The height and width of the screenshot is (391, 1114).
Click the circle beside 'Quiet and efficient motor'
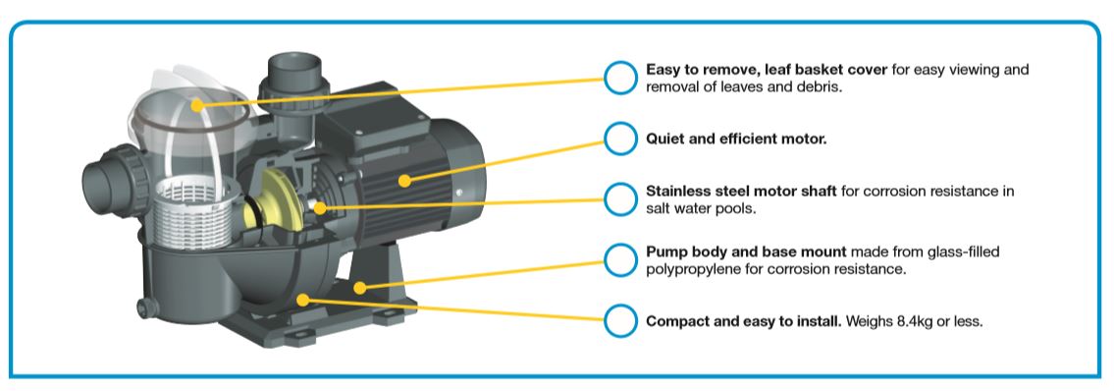pos(620,139)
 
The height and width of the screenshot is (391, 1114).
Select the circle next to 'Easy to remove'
pos(620,78)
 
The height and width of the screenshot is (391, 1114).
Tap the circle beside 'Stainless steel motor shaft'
pos(620,199)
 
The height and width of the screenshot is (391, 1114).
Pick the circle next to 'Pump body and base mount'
pos(620,260)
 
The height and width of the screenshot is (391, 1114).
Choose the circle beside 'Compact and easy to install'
pos(620,320)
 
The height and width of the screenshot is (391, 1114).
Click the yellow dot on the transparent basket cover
pos(197,105)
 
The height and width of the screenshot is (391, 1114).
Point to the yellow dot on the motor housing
pos(404,181)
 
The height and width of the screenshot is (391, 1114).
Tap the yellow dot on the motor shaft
pos(320,208)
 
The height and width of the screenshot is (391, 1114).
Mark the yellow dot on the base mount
pos(360,288)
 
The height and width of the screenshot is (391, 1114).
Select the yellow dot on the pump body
pos(302,300)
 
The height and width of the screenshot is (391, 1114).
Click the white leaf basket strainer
pos(191,211)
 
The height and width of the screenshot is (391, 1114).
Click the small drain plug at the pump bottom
pos(146,308)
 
